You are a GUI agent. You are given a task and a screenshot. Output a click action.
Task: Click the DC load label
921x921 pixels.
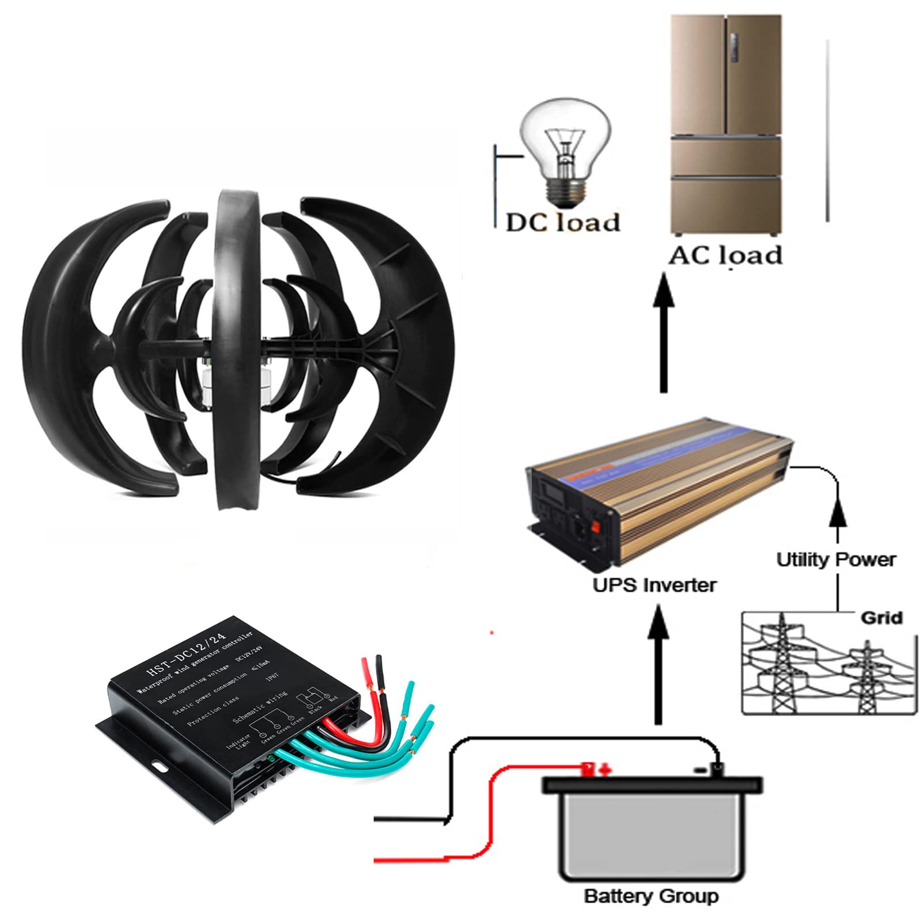[562, 223]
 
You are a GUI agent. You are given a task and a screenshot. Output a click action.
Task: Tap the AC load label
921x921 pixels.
[725, 255]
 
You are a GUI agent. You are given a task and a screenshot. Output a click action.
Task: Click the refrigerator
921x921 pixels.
[726, 124]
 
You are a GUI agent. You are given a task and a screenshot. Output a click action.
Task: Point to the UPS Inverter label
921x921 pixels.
[654, 585]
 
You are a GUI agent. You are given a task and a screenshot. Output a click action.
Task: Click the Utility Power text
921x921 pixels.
[836, 560]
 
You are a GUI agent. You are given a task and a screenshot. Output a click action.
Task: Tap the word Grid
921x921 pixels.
[881, 618]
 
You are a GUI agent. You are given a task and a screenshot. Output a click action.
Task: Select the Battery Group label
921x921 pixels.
[651, 896]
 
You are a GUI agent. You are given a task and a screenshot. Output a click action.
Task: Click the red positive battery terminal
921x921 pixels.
[588, 768]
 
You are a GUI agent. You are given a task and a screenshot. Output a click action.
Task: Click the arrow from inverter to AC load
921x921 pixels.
[664, 334]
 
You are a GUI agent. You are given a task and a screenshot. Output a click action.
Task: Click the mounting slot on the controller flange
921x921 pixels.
[159, 767]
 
